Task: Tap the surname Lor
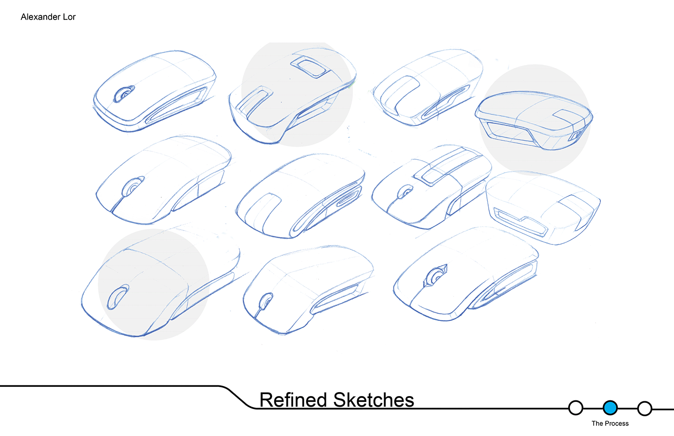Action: [69, 17]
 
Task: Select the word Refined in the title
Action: [293, 400]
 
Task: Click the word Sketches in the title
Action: [374, 400]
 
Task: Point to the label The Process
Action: [610, 423]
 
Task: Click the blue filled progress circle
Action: [610, 408]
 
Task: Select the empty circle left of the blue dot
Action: [575, 408]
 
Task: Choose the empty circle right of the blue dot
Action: [645, 409]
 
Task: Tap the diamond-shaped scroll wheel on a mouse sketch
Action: [436, 276]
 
